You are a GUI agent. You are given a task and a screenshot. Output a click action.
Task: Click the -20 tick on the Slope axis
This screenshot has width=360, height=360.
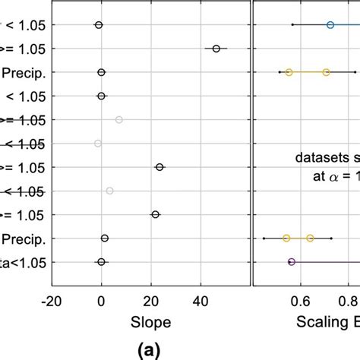pyautogui.click(x=52, y=299)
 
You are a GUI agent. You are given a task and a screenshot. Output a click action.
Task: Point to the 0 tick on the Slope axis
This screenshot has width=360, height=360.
pyautogui.click(x=101, y=299)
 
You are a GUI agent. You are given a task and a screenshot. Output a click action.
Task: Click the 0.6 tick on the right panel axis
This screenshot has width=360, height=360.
pyautogui.click(x=301, y=299)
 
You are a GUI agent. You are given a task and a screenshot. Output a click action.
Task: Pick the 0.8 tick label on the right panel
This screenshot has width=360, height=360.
pyautogui.click(x=350, y=299)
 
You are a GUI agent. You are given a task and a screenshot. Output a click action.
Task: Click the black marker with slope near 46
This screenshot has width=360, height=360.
pyautogui.click(x=216, y=49)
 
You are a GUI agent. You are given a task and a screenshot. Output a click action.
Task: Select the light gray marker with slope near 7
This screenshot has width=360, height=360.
pyautogui.click(x=118, y=120)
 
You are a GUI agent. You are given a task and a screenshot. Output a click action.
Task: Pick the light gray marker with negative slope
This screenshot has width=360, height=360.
pyautogui.click(x=97, y=144)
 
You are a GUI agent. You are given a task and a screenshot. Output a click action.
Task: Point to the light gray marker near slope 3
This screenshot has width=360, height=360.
pyautogui.click(x=109, y=191)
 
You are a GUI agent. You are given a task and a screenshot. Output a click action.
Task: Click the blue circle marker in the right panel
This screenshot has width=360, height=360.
pyautogui.click(x=330, y=25)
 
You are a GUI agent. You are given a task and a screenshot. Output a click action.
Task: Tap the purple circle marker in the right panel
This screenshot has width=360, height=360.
pyautogui.click(x=292, y=262)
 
